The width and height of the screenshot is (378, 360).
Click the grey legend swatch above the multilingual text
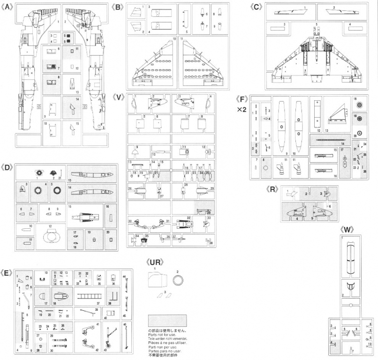(x=167, y=321)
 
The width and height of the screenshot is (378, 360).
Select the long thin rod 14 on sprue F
(x=333, y=140)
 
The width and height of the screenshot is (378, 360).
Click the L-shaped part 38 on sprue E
(x=113, y=295)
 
